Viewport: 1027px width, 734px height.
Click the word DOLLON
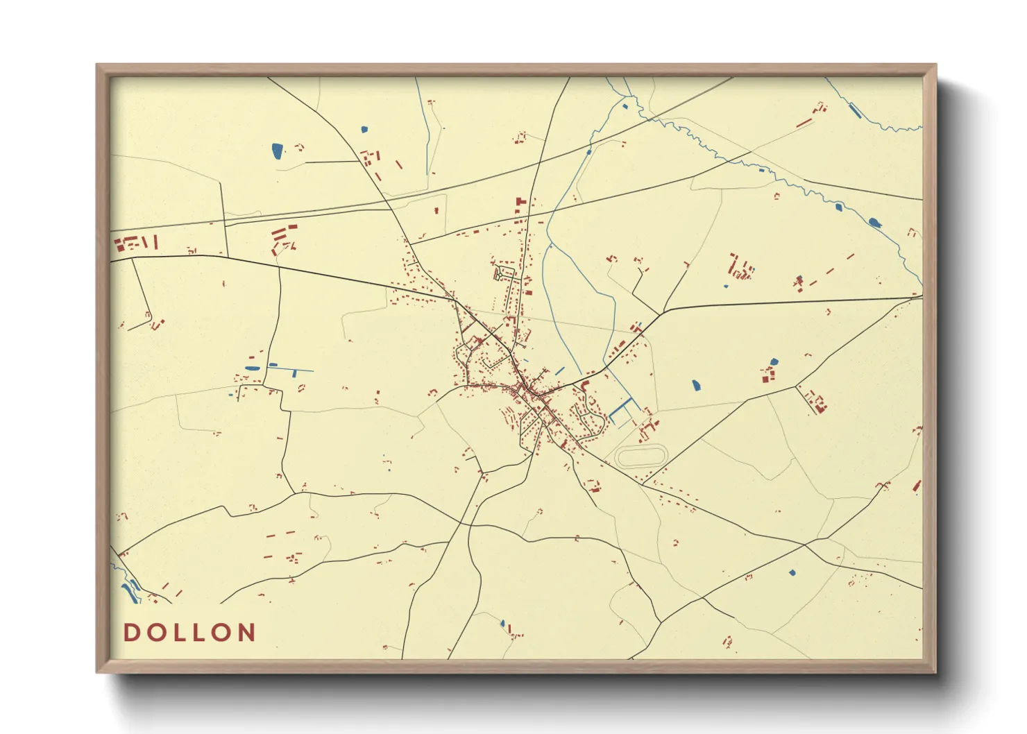189,633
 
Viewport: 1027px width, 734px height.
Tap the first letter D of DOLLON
130,633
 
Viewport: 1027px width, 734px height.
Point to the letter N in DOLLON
246,633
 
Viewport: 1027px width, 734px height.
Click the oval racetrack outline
641,456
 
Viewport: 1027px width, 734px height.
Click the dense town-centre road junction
529,393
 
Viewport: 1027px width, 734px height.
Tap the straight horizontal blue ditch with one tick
291,368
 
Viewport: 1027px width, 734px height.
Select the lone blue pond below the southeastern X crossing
792,573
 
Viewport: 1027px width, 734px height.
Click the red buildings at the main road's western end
136,243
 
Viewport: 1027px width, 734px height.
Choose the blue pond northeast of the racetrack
696,384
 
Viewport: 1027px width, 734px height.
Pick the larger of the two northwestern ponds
278,151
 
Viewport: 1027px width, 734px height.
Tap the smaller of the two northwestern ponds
364,129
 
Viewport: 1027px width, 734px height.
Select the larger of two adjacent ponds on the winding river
874,223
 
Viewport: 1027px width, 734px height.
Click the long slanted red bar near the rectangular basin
804,123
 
